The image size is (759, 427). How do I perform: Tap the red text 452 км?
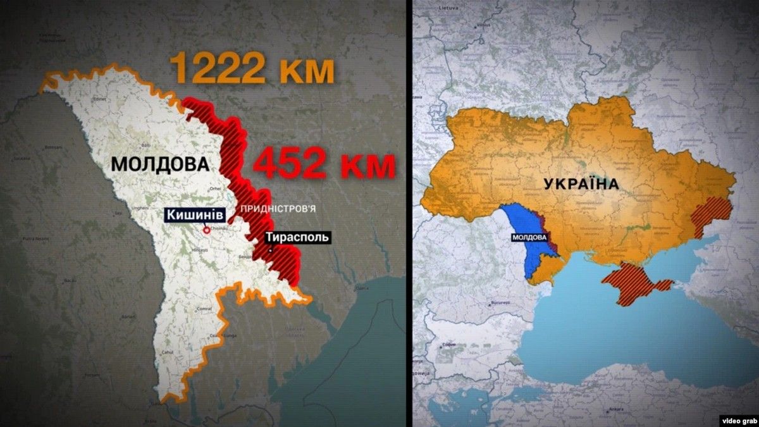click(324, 166)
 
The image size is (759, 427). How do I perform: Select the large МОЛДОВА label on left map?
click(159, 164)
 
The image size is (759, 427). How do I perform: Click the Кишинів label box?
click(196, 215)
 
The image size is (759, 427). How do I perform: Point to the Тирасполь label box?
click(297, 237)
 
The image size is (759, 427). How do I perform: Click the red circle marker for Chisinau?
click(206, 230)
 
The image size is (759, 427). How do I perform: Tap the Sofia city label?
click(448, 345)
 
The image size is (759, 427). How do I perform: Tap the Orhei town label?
click(216, 189)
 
